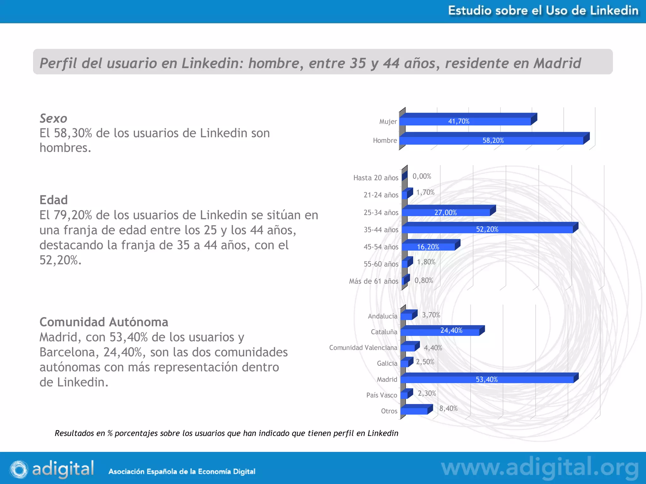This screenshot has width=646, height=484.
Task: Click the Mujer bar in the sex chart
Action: pos(465,121)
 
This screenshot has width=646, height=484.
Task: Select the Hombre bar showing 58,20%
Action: pos(492,140)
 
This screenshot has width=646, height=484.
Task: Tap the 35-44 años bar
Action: pos(487,229)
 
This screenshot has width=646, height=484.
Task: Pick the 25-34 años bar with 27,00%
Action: pos(446,212)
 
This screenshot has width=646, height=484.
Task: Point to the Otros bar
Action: pos(414,411)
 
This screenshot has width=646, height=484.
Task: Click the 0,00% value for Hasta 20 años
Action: pos(422,176)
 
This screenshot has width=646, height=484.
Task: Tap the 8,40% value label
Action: pos(448,408)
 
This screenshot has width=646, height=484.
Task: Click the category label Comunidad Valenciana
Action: pos(363,348)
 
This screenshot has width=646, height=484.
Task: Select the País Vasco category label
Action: pos(382,395)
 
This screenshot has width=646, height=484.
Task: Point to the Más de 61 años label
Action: pos(373,281)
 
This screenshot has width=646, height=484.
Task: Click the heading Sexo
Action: pos(53,118)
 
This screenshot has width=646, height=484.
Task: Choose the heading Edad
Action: pos(54,200)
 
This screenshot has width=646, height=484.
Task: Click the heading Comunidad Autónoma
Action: pos(104,322)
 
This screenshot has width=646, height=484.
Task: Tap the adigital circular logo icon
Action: pos(19,469)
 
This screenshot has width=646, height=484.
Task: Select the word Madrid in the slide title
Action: pos(557,63)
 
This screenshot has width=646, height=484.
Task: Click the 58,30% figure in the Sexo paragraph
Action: pos(73,133)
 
